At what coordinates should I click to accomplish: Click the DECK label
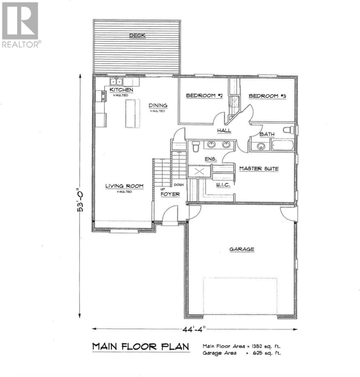click(x=137, y=35)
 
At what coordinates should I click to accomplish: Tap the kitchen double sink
click(x=116, y=82)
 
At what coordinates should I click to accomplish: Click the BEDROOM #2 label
click(x=204, y=96)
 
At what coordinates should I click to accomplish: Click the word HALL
click(x=224, y=130)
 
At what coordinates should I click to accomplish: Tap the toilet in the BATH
click(x=288, y=129)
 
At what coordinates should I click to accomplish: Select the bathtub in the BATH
click(x=282, y=146)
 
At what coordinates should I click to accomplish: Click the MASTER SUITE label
click(x=259, y=169)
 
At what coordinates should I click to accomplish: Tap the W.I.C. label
click(x=223, y=185)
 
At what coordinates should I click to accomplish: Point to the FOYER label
click(x=170, y=194)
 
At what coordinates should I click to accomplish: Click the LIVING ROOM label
click(x=124, y=186)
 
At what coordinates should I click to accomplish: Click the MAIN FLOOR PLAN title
click(x=141, y=347)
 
